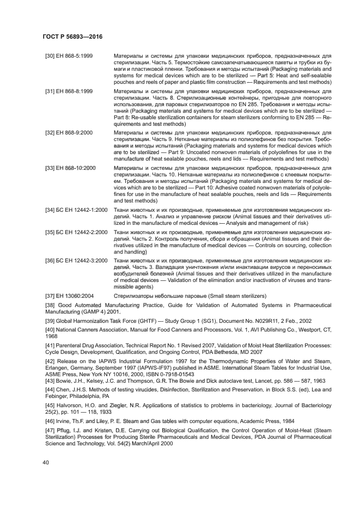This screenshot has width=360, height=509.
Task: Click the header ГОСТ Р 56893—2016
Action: click(x=72, y=36)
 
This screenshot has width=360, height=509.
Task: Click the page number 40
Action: click(x=46, y=462)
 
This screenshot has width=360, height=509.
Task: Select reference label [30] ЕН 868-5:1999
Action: click(x=69, y=56)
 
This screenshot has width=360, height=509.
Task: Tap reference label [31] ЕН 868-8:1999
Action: click(x=69, y=91)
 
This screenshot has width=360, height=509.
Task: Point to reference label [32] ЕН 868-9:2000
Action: click(x=69, y=132)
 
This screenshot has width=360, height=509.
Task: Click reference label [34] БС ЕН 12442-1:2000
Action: click(x=76, y=209)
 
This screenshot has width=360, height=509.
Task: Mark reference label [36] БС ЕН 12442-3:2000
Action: click(x=76, y=260)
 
